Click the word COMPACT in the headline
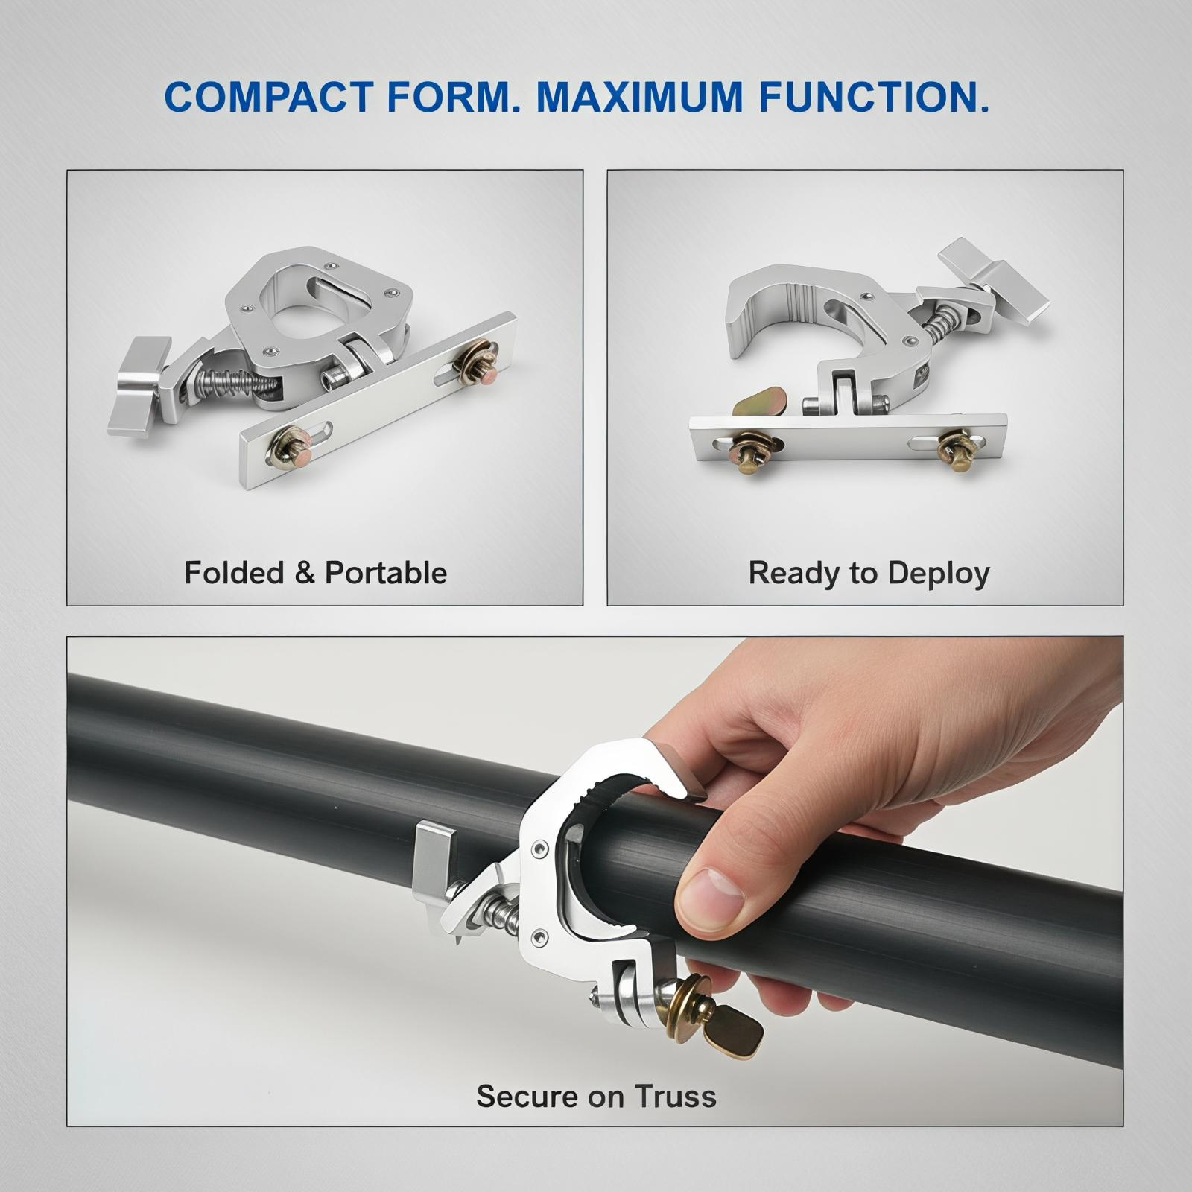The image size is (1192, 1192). click(x=269, y=97)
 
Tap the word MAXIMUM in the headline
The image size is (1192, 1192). click(x=639, y=97)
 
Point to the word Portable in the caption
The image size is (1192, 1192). click(x=386, y=573)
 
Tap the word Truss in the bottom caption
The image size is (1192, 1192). click(x=676, y=1096)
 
